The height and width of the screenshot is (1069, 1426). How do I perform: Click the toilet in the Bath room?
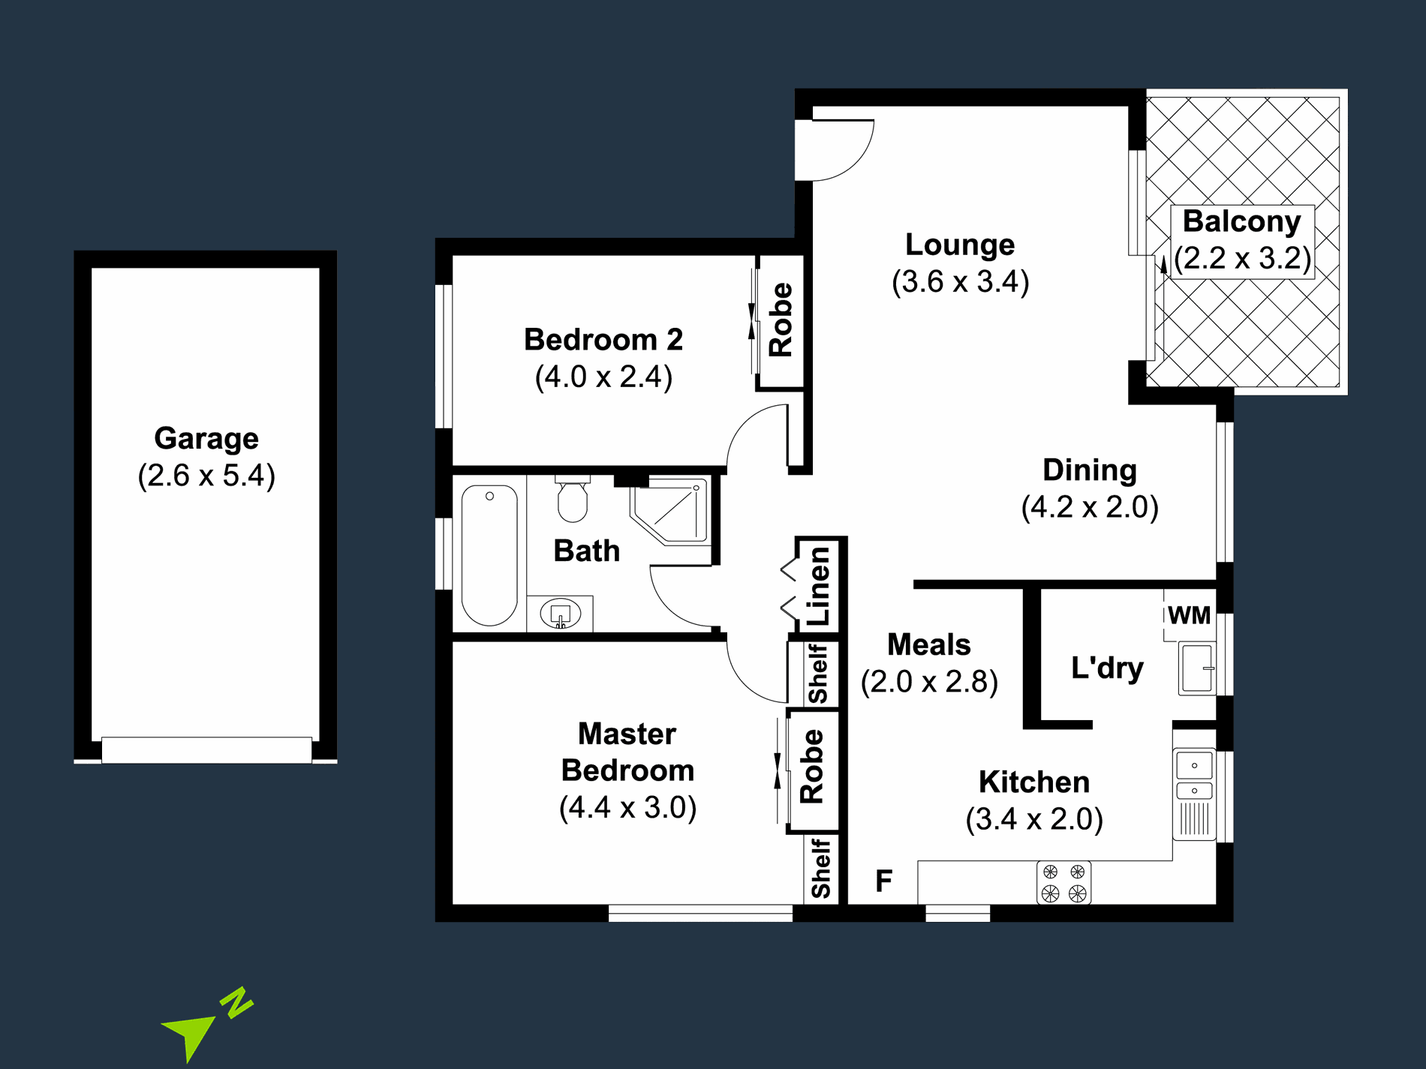[x=573, y=500]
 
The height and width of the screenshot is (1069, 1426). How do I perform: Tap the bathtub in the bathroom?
[x=489, y=555]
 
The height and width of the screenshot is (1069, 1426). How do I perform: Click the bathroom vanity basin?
[x=561, y=614]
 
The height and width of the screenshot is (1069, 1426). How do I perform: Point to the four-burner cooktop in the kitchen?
[x=1063, y=882]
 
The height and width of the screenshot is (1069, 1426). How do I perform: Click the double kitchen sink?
[x=1194, y=777]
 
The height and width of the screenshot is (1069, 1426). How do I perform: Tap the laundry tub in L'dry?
[x=1196, y=668]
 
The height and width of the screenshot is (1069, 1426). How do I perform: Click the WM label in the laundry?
[x=1189, y=615]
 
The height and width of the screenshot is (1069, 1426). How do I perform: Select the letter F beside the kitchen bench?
[x=884, y=880]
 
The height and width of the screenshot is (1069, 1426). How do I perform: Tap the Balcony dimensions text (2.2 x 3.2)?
[x=1242, y=258]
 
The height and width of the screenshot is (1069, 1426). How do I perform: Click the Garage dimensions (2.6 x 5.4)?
[x=206, y=476]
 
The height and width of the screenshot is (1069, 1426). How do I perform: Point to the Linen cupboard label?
[x=819, y=586]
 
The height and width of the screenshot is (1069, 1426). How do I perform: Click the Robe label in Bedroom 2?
[x=781, y=320]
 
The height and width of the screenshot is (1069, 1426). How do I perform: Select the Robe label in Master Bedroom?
[x=812, y=767]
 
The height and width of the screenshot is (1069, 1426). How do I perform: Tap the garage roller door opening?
[x=206, y=749]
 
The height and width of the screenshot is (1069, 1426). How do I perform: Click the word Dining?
[x=1090, y=470]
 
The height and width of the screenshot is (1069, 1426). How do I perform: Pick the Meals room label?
[x=929, y=644]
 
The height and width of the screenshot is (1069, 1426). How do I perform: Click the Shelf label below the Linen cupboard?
[x=817, y=673]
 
